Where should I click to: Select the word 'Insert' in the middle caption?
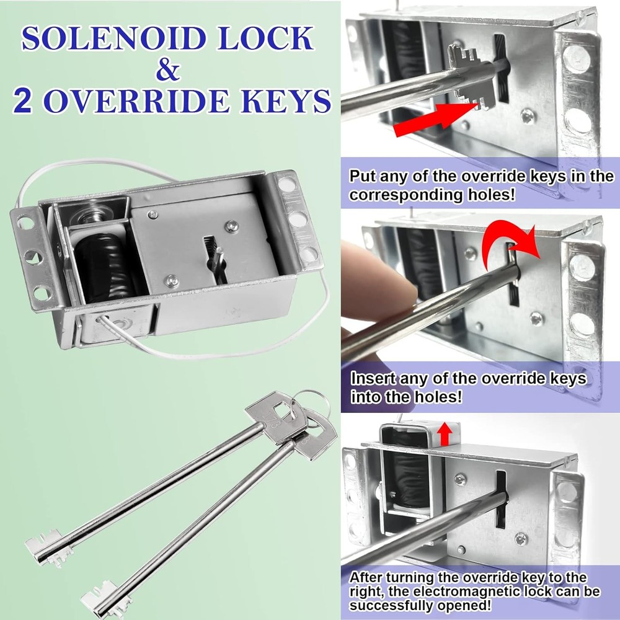370,378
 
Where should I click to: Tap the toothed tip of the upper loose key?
43,546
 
